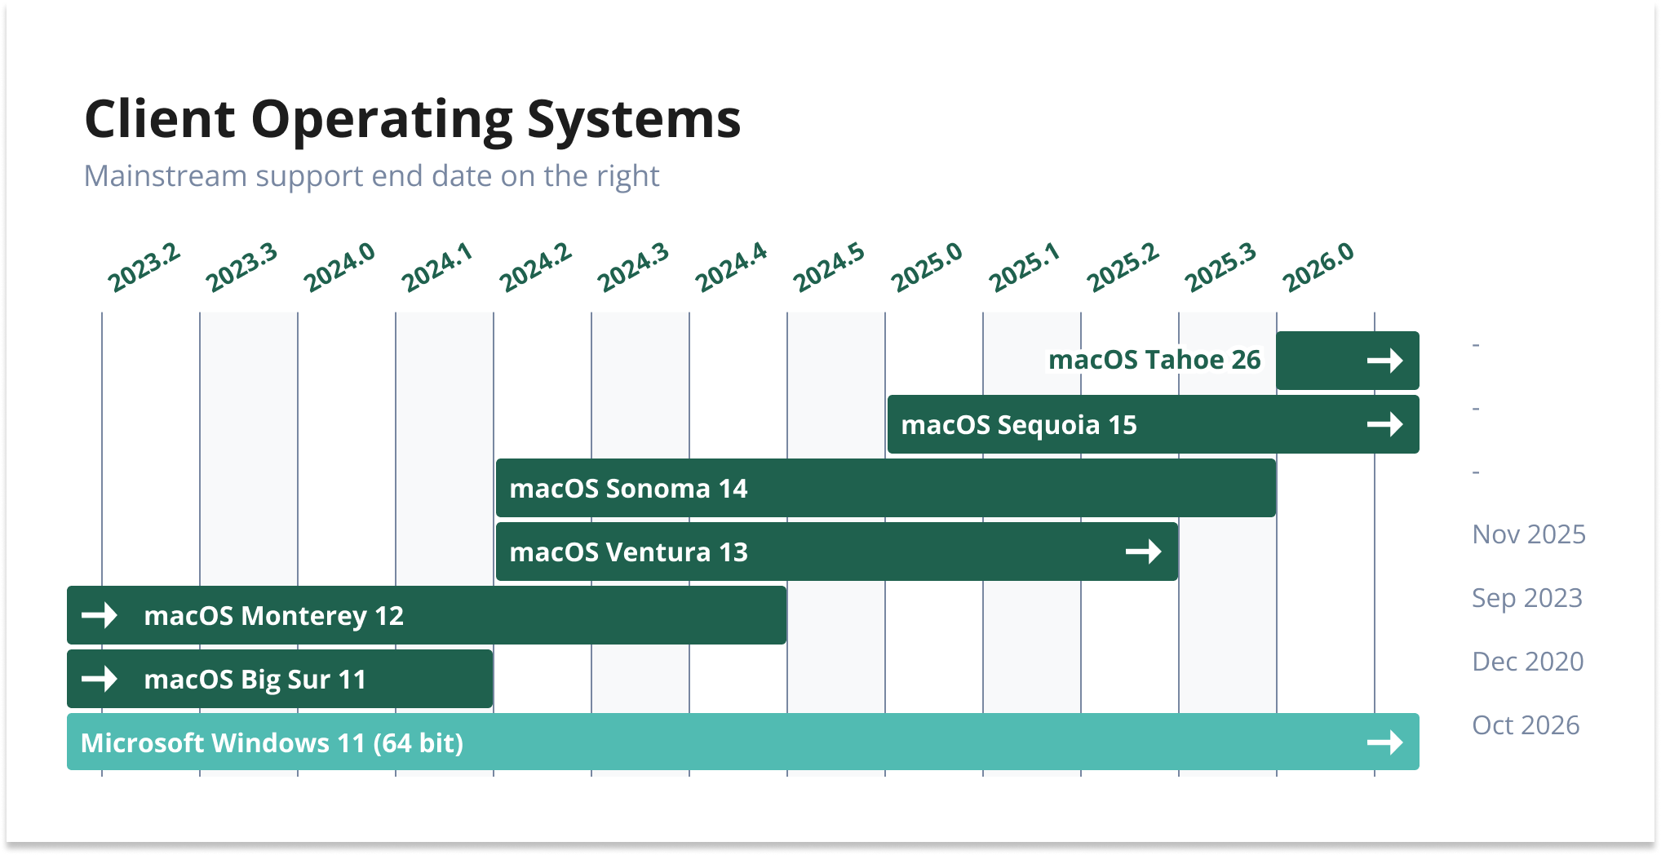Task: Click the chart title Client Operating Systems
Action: coord(413,120)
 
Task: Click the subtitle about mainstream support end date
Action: coord(371,176)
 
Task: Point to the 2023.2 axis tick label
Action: coord(144,267)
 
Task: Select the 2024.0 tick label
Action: coord(339,267)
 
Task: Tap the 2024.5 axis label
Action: coord(829,267)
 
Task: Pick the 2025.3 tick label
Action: coord(1220,267)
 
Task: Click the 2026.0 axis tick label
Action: coord(1318,267)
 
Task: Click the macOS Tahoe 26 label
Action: coord(1154,360)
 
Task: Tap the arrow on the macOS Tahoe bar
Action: coord(1385,361)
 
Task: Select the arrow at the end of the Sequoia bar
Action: coord(1385,424)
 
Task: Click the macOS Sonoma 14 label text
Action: coord(628,489)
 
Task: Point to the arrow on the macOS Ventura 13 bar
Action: coord(1144,552)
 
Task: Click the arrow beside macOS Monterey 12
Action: coord(100,615)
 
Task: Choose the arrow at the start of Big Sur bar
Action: coord(100,679)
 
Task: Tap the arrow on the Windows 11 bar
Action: coord(1385,742)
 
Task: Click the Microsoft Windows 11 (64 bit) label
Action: coord(272,743)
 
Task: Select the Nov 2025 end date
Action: coord(1529,534)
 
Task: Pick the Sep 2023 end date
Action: coord(1527,599)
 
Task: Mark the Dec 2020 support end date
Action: coord(1528,662)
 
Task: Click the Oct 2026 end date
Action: coord(1526,725)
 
